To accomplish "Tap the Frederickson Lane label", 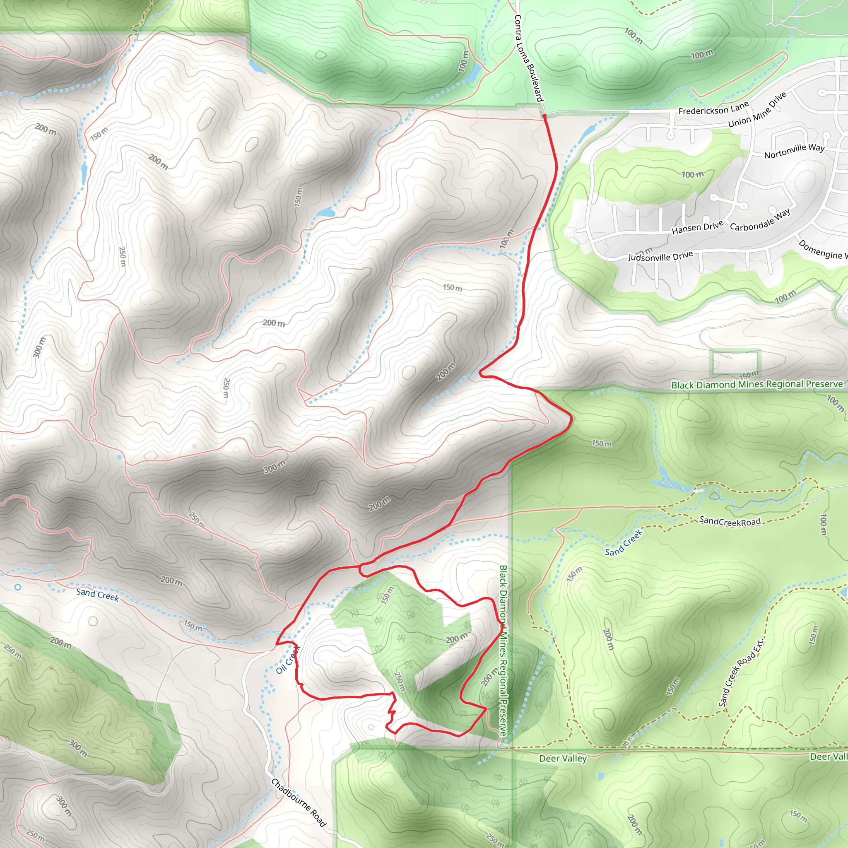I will click(713, 108).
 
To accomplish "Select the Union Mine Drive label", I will click(757, 110).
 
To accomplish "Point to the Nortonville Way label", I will click(794, 151).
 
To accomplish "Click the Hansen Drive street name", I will click(697, 227).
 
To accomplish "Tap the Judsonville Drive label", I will click(660, 256).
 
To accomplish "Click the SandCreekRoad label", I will click(730, 521).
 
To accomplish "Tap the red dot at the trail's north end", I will click(544, 116).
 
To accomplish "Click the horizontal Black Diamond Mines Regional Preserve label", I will click(757, 385).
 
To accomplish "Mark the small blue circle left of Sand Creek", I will click(17, 587).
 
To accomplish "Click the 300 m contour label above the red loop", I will click(275, 467).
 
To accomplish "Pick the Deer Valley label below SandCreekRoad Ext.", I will click(563, 759).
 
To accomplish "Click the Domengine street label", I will click(822, 249).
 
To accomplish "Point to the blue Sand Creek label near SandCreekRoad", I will click(623, 543).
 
